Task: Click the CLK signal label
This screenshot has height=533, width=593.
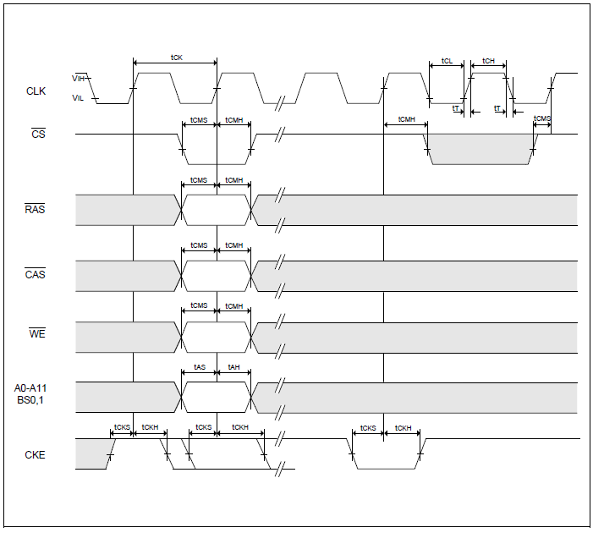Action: (x=36, y=91)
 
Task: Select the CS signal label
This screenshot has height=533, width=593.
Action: (x=37, y=135)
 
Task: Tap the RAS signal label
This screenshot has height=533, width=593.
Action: (x=35, y=210)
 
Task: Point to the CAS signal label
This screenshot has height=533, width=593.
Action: (x=35, y=275)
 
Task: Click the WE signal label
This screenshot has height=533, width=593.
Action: (x=36, y=334)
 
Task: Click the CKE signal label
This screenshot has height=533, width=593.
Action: (x=36, y=455)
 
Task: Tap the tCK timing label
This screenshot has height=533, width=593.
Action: (x=176, y=58)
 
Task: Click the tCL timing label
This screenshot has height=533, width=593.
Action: (x=447, y=62)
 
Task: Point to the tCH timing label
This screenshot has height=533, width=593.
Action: (x=488, y=62)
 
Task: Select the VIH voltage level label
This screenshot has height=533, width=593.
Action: (x=78, y=78)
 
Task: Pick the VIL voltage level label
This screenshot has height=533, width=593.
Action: (x=78, y=98)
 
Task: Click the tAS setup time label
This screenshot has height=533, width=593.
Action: (x=199, y=369)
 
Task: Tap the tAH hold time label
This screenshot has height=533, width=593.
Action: (x=233, y=369)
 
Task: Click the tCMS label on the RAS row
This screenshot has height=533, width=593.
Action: (x=199, y=180)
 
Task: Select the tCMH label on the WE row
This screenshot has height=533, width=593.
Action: (x=233, y=305)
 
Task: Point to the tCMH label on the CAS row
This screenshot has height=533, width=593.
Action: (x=233, y=245)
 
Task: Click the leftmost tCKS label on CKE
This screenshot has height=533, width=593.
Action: (x=122, y=428)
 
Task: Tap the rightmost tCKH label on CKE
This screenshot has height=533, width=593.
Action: (x=403, y=428)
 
